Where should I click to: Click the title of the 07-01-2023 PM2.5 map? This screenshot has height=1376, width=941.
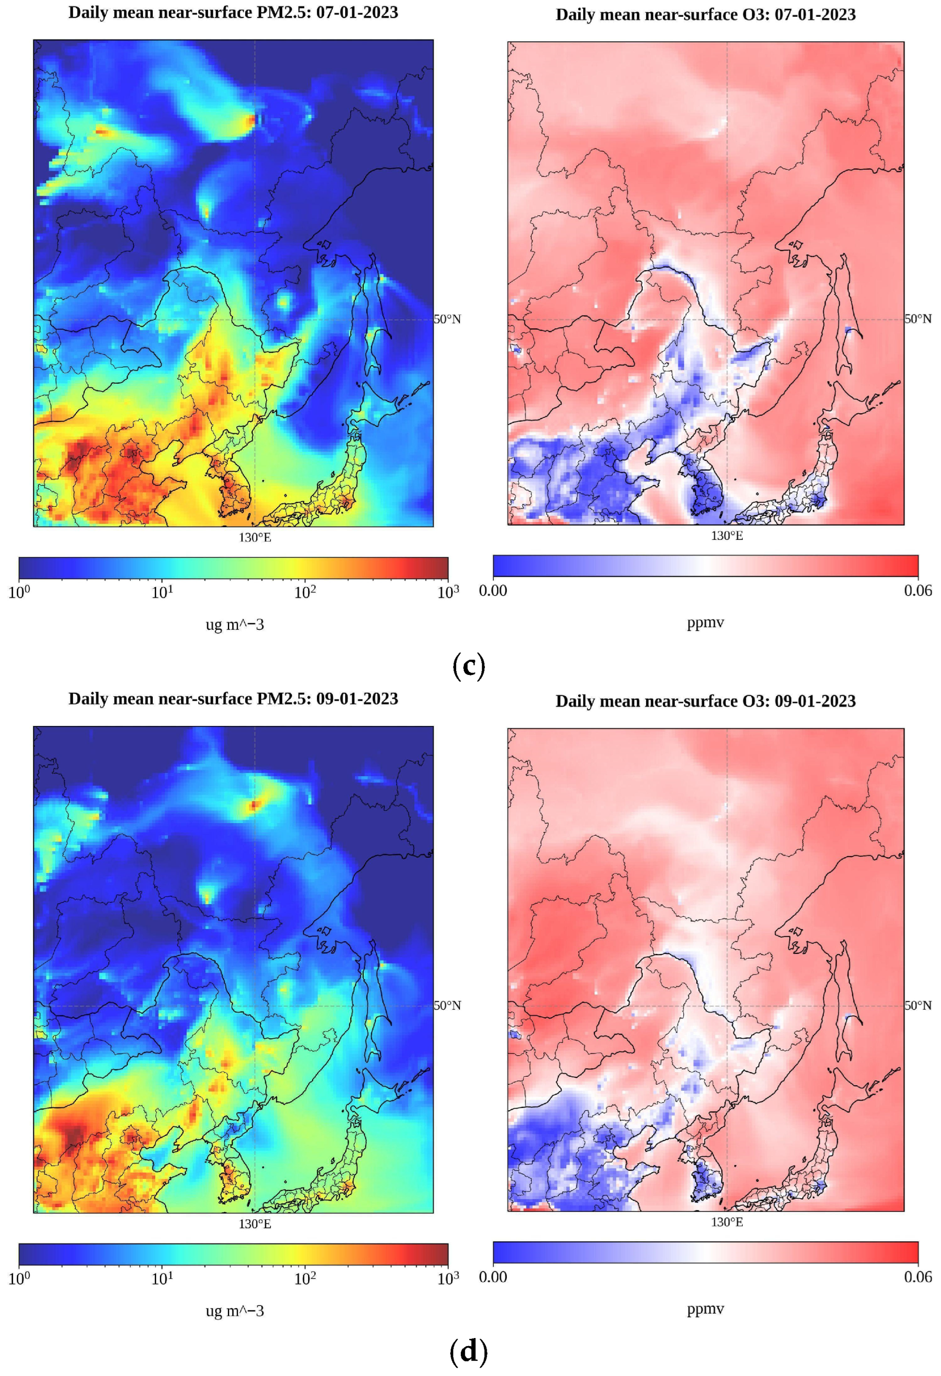tap(233, 13)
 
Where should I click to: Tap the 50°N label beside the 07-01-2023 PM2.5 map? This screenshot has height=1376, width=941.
tap(447, 319)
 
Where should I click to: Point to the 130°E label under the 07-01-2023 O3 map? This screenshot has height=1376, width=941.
tap(727, 536)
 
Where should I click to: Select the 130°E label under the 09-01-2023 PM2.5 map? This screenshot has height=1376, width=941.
tap(255, 1224)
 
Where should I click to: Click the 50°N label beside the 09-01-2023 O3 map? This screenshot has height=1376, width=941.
tap(918, 1006)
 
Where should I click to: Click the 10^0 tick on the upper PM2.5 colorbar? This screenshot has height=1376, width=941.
tap(19, 592)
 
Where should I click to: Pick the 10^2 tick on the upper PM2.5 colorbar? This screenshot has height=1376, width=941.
tap(305, 592)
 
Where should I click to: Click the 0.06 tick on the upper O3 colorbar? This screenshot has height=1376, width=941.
tap(918, 590)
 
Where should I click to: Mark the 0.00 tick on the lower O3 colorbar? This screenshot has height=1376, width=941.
tap(493, 1277)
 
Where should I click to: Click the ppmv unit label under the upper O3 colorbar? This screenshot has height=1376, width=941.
tap(705, 622)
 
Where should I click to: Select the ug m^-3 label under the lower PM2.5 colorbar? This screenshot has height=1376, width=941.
tap(234, 1311)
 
